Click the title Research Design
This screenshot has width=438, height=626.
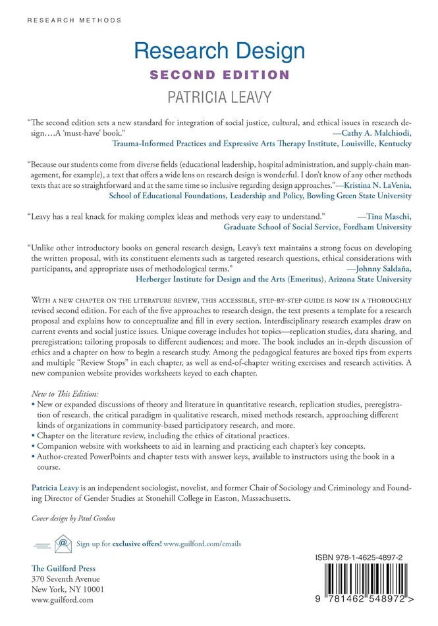coord(219,51)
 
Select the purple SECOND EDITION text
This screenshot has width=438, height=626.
coord(219,75)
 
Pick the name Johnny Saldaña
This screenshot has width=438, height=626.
coord(377,268)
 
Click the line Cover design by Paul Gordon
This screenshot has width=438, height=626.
coord(73,518)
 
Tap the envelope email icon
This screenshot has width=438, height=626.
coord(63,544)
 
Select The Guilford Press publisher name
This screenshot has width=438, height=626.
coord(63,568)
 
